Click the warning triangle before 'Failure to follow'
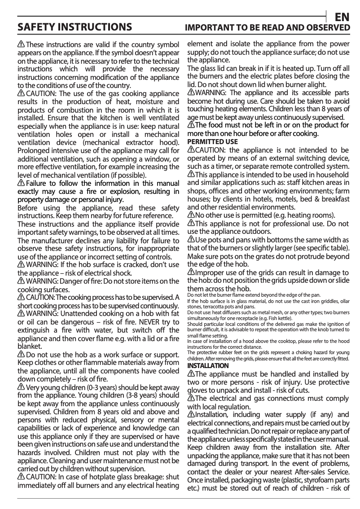pos(21,183)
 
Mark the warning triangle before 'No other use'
pos(190,215)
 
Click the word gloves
pos(198,390)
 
